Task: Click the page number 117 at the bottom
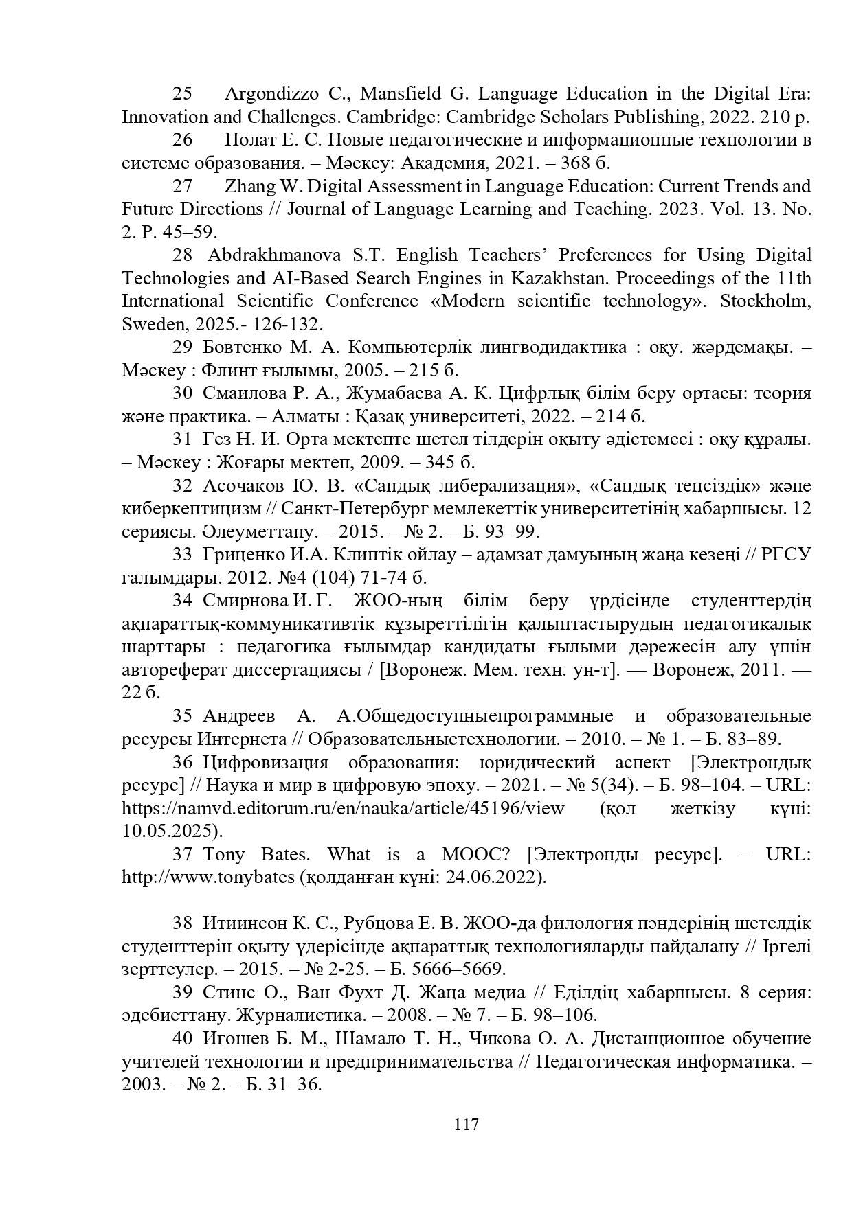tap(466, 1125)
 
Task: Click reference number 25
tap(182, 93)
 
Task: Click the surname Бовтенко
tap(244, 347)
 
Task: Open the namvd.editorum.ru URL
tap(343, 808)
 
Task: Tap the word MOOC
tap(474, 855)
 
